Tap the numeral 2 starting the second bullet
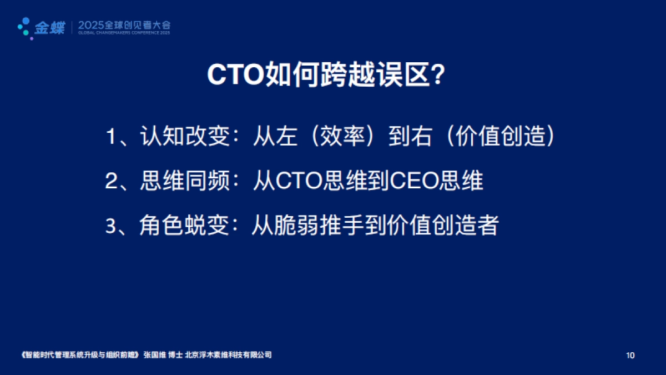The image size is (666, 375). (111, 182)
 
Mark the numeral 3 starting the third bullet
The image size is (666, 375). (111, 226)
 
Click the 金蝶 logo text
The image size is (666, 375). (49, 27)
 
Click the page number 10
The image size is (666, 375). (630, 355)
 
